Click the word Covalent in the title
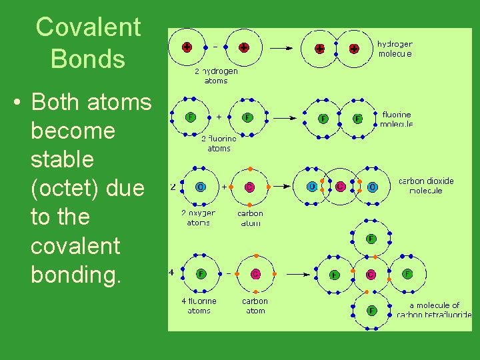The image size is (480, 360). pyautogui.click(x=88, y=27)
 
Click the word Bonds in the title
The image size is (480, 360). pyautogui.click(x=88, y=59)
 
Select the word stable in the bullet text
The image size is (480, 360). pyautogui.click(x=63, y=160)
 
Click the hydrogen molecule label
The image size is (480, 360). pyautogui.click(x=395, y=49)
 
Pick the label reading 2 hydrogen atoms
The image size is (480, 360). pyautogui.click(x=215, y=76)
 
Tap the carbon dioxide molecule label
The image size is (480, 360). pyautogui.click(x=426, y=185)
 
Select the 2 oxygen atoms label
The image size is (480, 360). pyautogui.click(x=198, y=218)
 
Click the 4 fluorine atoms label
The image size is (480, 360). pyautogui.click(x=199, y=305)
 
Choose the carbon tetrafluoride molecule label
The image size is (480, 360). pyautogui.click(x=434, y=310)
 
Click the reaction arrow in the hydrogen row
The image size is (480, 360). pyautogui.click(x=282, y=48)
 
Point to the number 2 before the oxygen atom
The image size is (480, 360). pyautogui.click(x=173, y=187)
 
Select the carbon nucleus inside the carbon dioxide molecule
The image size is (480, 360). pyautogui.click(x=341, y=186)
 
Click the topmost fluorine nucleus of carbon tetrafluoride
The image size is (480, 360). pyautogui.click(x=371, y=238)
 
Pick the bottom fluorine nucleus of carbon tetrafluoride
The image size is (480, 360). pyautogui.click(x=371, y=310)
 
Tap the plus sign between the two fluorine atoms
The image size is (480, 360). pyautogui.click(x=219, y=117)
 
